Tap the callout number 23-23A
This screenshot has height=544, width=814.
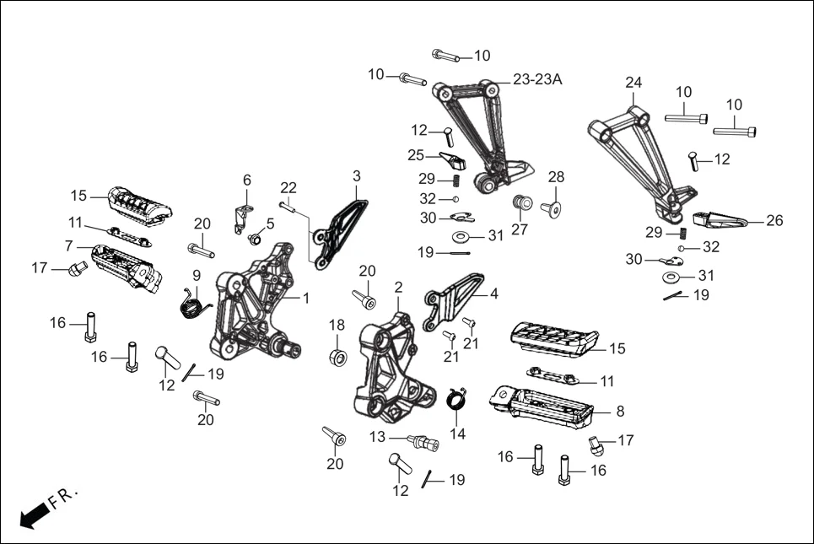pyautogui.click(x=536, y=79)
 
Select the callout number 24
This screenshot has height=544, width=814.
pyautogui.click(x=633, y=82)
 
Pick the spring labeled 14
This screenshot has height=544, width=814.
pyautogui.click(x=456, y=396)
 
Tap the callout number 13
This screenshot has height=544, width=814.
pyautogui.click(x=376, y=437)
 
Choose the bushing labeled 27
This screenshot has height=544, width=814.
pyautogui.click(x=520, y=204)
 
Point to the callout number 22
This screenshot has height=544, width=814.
pyautogui.click(x=288, y=186)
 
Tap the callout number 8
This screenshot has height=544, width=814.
pyautogui.click(x=620, y=412)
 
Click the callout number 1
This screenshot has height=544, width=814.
pyautogui.click(x=306, y=298)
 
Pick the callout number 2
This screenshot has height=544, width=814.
pyautogui.click(x=398, y=287)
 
